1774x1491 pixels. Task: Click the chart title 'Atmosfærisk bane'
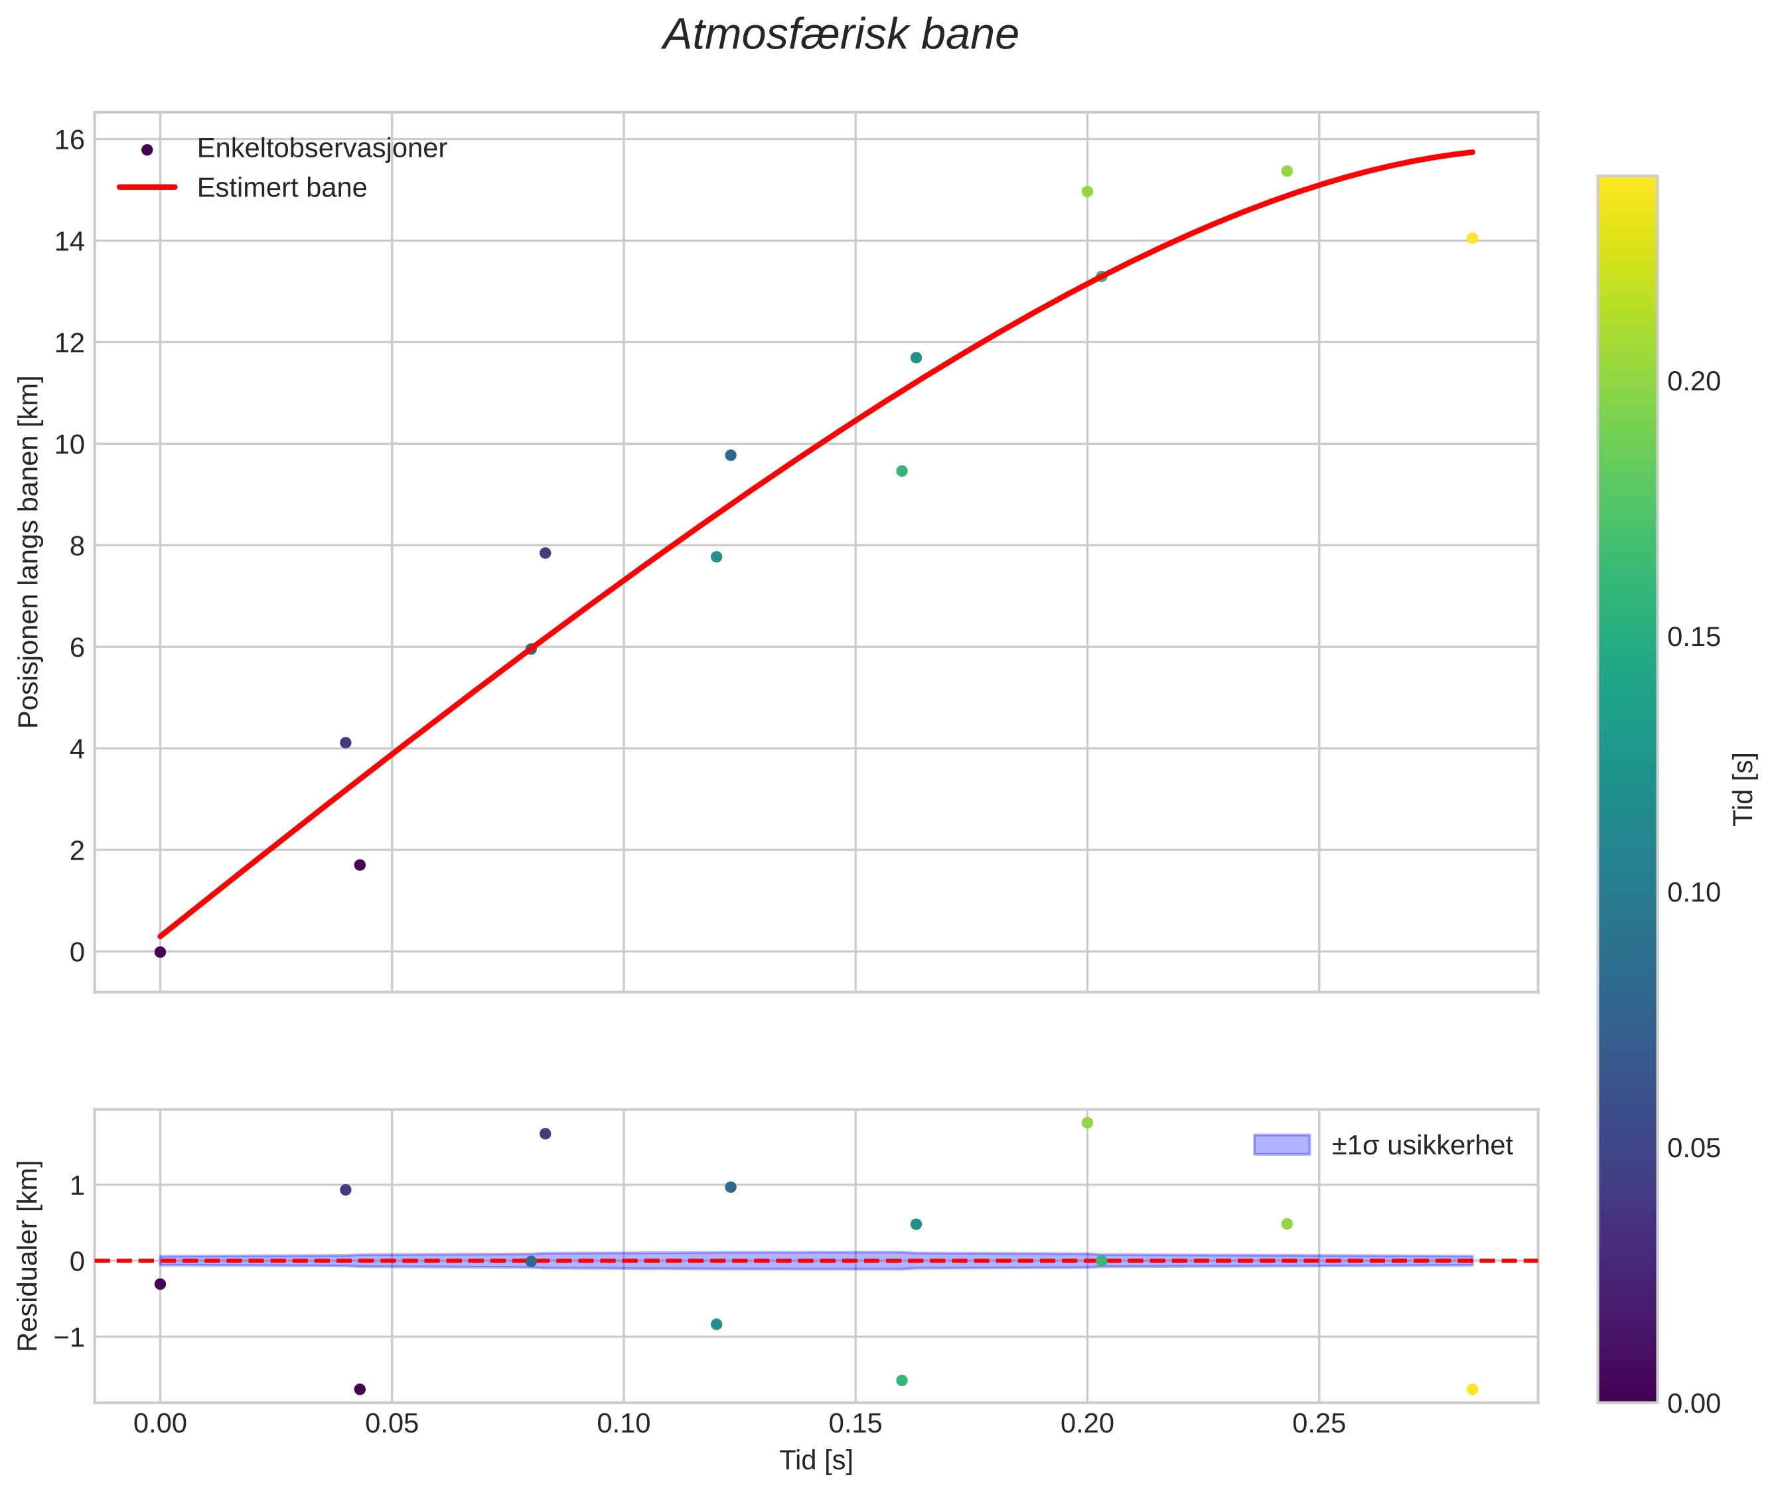pos(840,35)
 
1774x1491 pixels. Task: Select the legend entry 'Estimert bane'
pos(281,188)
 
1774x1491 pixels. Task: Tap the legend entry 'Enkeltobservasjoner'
pos(321,149)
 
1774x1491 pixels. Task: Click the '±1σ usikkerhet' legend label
pos(1422,1145)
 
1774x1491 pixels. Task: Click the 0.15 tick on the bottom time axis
pos(855,1423)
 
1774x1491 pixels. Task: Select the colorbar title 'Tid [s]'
pos(1743,789)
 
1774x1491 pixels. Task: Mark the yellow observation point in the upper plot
pos(1472,238)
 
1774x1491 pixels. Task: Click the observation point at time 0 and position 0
pos(161,952)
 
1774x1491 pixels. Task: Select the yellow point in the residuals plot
pos(1472,1389)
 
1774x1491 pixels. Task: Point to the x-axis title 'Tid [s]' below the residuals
pos(816,1460)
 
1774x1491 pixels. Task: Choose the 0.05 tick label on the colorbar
pos(1693,1148)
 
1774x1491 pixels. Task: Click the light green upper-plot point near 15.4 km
pos(1287,171)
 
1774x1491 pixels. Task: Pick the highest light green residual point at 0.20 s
pos(1088,1123)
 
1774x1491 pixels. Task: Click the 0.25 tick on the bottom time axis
pos(1319,1423)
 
